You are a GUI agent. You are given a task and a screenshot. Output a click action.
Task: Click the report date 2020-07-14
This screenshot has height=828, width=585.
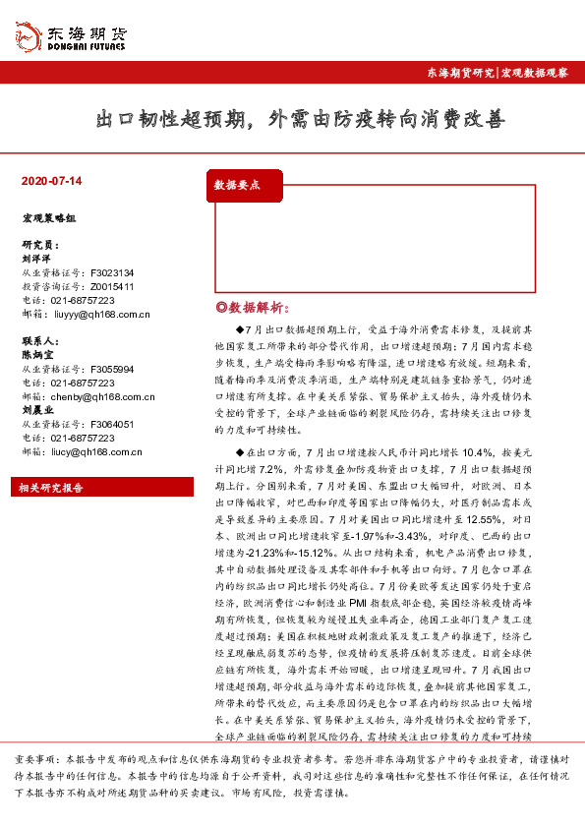51,182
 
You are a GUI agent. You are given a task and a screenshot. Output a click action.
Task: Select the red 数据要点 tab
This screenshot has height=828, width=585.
238,184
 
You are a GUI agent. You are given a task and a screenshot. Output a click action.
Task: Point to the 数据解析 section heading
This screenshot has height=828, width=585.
250,307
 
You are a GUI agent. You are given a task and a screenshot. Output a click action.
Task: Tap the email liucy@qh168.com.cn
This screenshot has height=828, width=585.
99,451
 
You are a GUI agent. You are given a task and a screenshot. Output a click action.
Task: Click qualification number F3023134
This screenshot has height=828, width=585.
112,272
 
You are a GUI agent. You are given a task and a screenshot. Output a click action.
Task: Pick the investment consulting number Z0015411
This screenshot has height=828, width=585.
112,286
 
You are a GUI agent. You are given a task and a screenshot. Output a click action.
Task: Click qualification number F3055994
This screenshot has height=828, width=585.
112,369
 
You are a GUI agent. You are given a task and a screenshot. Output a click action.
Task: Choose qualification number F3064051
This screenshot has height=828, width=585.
112,424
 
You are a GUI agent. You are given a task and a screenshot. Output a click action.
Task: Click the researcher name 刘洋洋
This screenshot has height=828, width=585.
35,259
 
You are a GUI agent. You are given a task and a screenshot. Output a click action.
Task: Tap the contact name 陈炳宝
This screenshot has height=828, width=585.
37,354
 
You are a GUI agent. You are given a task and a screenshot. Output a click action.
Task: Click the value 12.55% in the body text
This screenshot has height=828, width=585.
471,518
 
